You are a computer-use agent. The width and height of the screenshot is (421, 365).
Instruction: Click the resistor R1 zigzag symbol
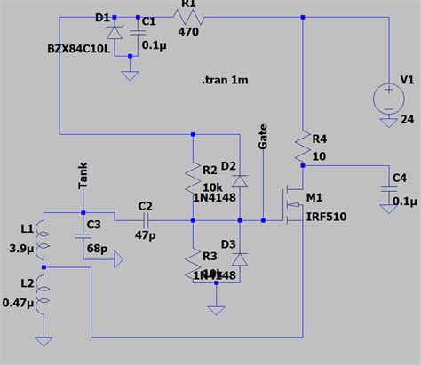click(188, 17)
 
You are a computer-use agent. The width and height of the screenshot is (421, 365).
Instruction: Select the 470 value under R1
click(189, 29)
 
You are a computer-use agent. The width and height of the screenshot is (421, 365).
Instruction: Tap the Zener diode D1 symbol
click(113, 33)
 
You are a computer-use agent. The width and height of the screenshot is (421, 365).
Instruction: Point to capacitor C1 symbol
click(139, 32)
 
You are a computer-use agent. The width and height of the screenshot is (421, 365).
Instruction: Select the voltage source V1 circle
click(389, 96)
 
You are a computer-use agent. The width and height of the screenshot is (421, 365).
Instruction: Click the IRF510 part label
click(324, 217)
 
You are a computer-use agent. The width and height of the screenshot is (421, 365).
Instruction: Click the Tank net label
click(83, 175)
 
